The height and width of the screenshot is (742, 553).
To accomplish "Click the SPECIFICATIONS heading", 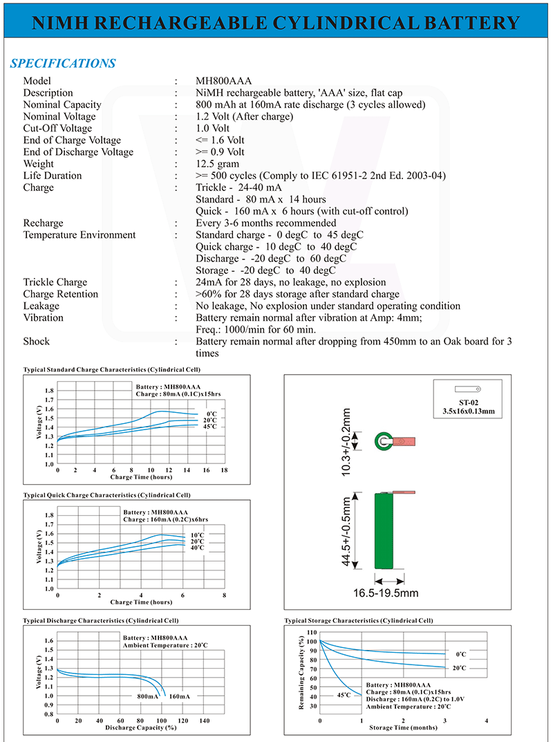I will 63,64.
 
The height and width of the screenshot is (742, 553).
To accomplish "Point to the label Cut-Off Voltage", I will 57,128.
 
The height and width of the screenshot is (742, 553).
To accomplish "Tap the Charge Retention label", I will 61,294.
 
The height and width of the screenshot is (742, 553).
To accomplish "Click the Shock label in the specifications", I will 37,342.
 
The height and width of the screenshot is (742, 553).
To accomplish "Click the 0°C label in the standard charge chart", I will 212,414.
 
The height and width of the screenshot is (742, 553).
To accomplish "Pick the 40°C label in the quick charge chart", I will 197,548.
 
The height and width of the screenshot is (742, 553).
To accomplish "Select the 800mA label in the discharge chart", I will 148,696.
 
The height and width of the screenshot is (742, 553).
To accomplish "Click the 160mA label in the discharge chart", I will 180,696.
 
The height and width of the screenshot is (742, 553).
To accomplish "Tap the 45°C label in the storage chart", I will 344,694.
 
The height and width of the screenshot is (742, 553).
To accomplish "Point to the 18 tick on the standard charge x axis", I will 224,470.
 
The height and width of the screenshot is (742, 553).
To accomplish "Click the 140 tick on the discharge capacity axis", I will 205,720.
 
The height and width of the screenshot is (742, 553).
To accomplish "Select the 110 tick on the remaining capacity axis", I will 311,633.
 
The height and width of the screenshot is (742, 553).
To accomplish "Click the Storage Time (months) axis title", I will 402,727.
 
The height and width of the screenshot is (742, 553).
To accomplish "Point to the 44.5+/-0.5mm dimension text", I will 348,530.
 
